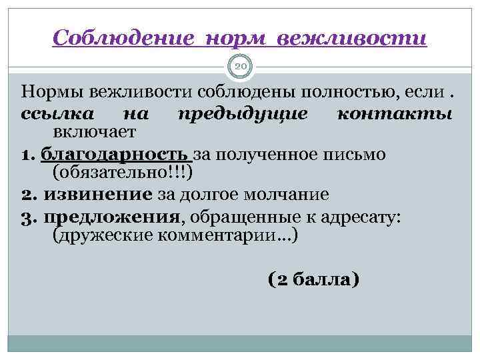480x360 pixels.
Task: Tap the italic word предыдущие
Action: click(243, 113)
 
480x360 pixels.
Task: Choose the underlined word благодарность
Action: click(115, 155)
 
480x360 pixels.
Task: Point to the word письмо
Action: click(369, 155)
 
